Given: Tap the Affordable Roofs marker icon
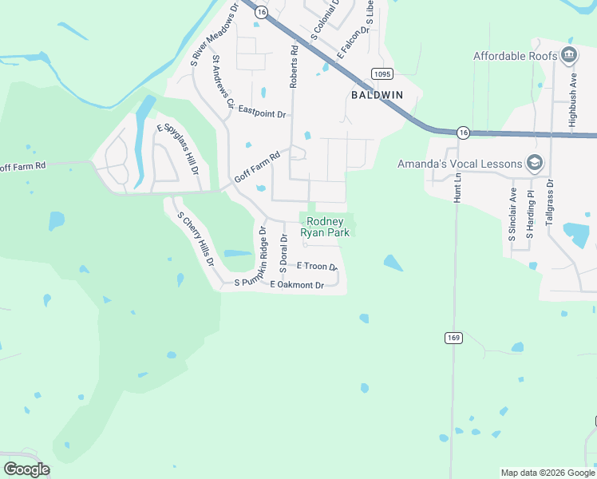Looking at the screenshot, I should tap(569, 55).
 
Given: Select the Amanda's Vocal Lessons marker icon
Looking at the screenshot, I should tap(535, 164).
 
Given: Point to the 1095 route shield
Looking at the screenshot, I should tap(381, 73).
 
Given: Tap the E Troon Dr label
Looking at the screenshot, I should tap(317, 266).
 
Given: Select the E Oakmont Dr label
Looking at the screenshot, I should tap(297, 285).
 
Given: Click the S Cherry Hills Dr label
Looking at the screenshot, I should tap(196, 239).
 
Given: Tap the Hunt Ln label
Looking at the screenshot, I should tap(459, 188).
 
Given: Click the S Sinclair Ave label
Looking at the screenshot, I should tap(513, 215).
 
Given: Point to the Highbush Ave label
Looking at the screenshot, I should tap(572, 91).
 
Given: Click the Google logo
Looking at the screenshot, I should tap(26, 469).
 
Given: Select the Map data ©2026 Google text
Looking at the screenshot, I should tap(547, 473).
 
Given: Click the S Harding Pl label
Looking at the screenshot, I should tap(531, 216).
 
